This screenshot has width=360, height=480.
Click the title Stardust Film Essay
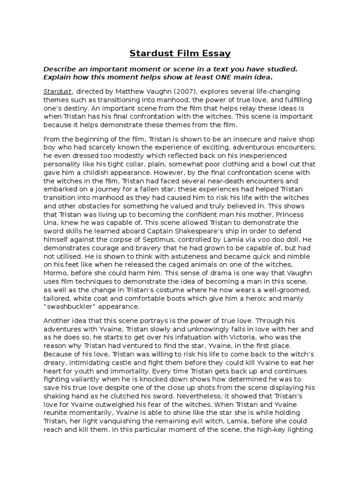(180, 53)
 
